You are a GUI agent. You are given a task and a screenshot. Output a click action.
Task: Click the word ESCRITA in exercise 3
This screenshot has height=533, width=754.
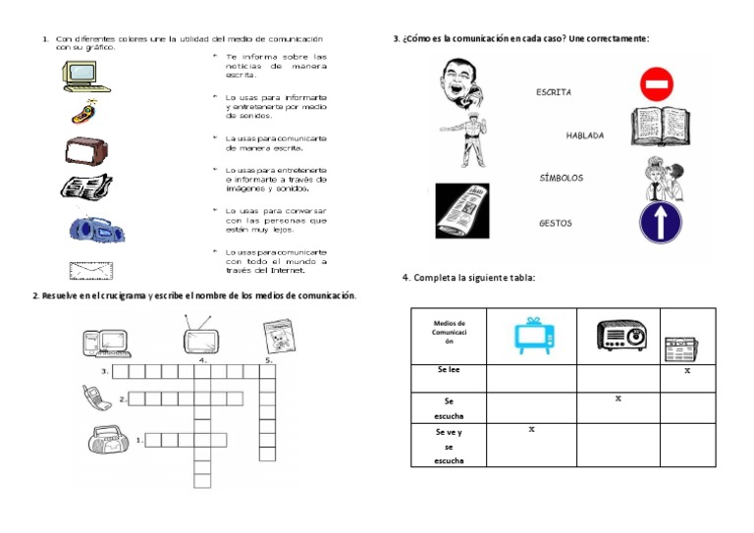click(x=553, y=92)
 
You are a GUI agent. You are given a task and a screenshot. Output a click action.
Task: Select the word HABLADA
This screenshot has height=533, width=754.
click(x=584, y=135)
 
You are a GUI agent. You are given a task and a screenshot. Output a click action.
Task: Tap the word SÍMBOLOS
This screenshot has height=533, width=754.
click(x=561, y=179)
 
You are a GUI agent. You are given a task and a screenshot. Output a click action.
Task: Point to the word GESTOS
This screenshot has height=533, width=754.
click(x=555, y=223)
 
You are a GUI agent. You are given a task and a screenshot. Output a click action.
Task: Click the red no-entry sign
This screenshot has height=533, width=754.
click(x=656, y=84)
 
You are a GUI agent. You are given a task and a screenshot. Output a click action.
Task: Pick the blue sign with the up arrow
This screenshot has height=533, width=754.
click(x=660, y=222)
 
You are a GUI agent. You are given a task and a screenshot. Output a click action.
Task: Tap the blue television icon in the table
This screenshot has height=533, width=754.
click(x=530, y=336)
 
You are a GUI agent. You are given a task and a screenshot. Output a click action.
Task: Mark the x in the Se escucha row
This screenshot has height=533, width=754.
click(x=618, y=399)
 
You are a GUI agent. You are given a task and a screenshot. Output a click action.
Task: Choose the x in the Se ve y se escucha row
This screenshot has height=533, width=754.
click(x=531, y=429)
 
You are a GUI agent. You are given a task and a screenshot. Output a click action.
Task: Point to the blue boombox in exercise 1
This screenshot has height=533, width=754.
click(x=96, y=228)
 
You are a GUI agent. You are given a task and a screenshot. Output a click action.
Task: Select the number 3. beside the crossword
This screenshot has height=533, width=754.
click(x=104, y=372)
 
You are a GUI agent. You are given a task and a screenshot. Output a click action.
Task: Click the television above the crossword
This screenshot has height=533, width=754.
click(x=202, y=339)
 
